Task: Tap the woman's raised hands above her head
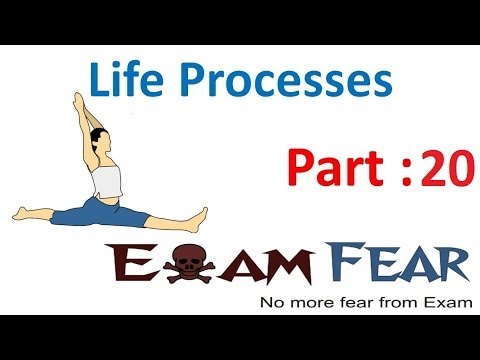point(75,99)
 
